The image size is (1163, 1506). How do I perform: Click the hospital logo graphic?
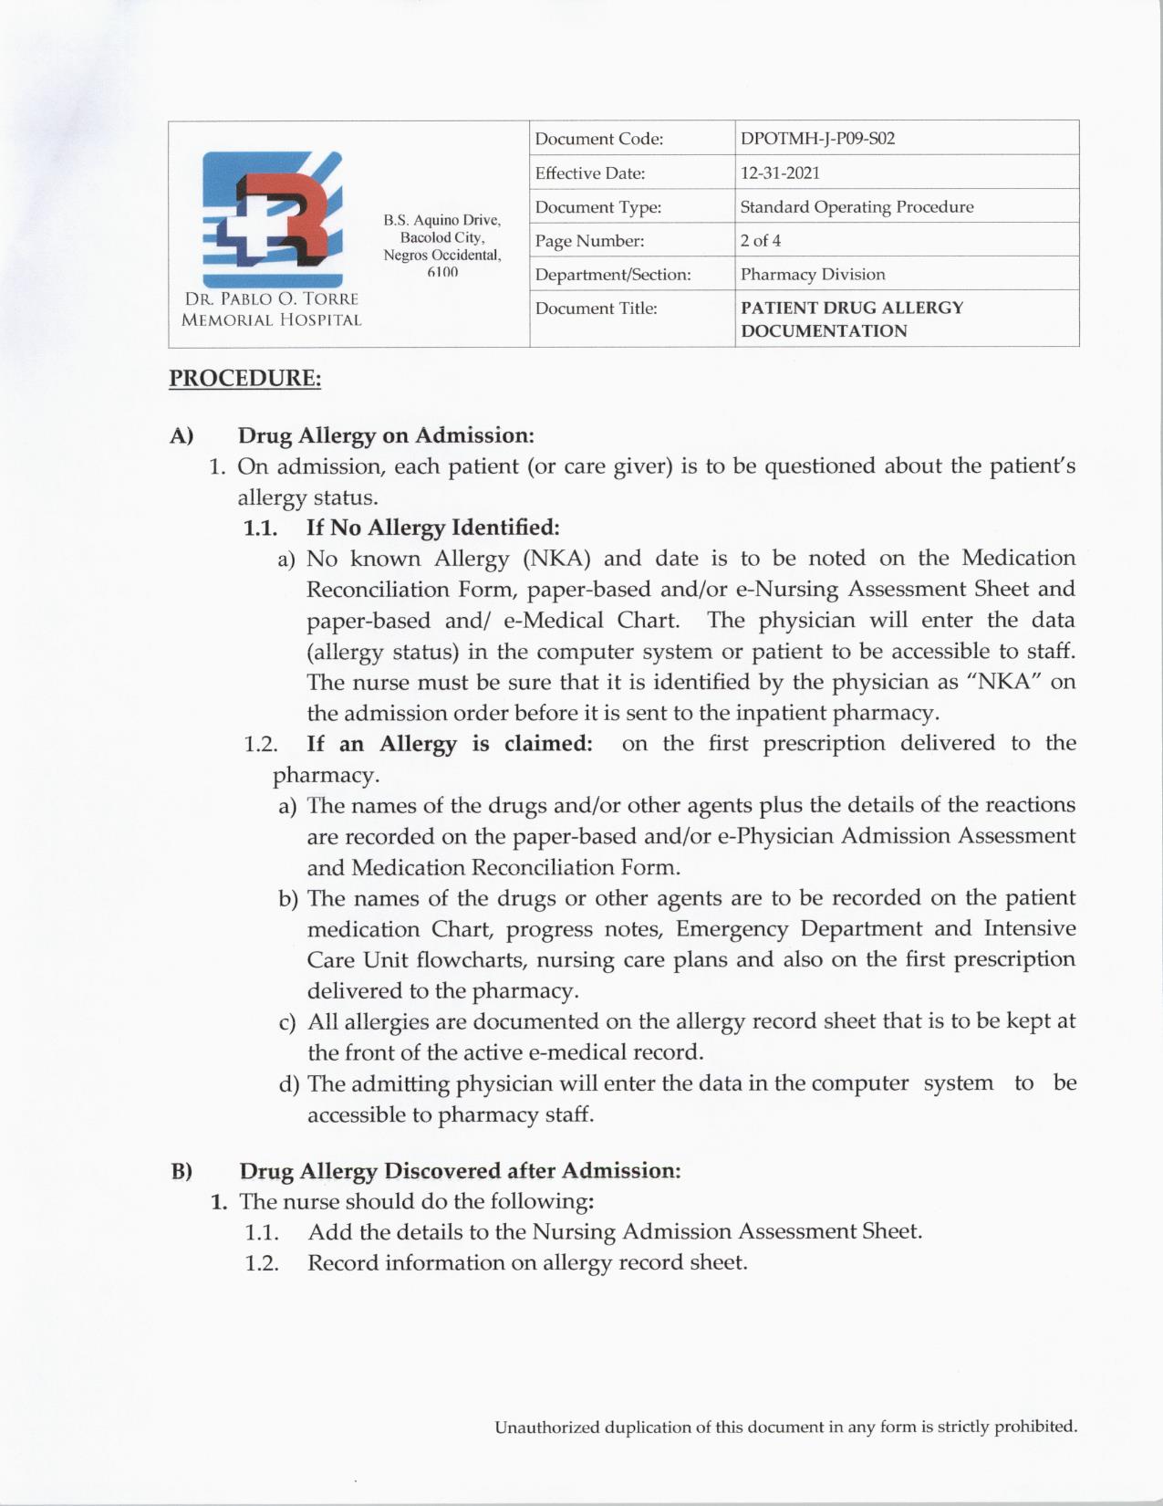pyautogui.click(x=272, y=219)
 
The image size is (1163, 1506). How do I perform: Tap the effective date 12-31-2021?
pyautogui.click(x=780, y=173)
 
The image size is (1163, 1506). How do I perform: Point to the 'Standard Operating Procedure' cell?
pyautogui.click(x=857, y=207)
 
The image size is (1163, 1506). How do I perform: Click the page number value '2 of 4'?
pyautogui.click(x=761, y=241)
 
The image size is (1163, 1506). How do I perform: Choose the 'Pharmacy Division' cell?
pyautogui.click(x=813, y=275)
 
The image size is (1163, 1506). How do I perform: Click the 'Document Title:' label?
pyautogui.click(x=596, y=309)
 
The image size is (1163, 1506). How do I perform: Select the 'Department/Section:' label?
pyautogui.click(x=613, y=275)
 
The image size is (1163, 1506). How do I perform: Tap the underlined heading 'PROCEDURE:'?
pyautogui.click(x=244, y=378)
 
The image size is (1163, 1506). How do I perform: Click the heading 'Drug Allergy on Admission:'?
pyautogui.click(x=386, y=435)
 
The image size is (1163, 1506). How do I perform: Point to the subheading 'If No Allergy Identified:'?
pyautogui.click(x=432, y=528)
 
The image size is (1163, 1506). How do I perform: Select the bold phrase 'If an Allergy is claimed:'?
pyautogui.click(x=450, y=743)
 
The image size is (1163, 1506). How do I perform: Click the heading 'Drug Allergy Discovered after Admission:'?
pyautogui.click(x=460, y=1170)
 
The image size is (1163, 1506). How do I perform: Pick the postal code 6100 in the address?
pyautogui.click(x=442, y=273)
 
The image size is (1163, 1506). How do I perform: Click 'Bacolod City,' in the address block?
pyautogui.click(x=442, y=238)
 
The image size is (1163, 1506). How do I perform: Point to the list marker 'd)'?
pyautogui.click(x=289, y=1084)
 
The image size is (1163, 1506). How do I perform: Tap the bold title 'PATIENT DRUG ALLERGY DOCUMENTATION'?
pyautogui.click(x=852, y=319)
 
